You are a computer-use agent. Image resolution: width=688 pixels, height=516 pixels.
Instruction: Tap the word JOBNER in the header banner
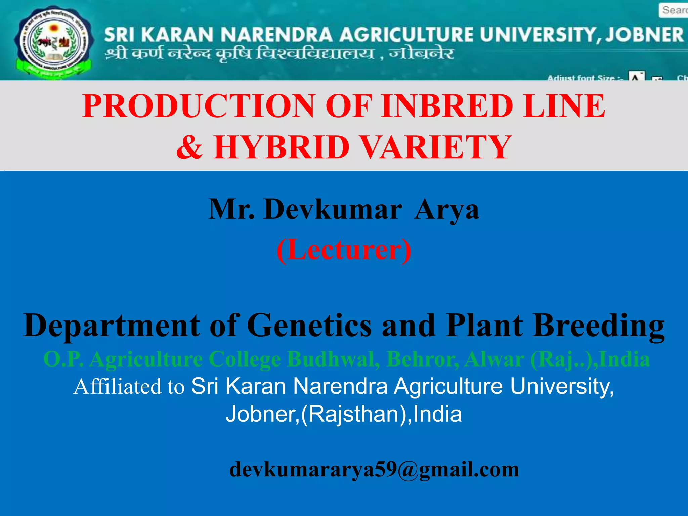point(644,35)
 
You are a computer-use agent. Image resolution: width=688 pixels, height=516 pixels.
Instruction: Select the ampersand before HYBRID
point(190,147)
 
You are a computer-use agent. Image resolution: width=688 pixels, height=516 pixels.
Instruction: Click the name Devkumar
point(333,209)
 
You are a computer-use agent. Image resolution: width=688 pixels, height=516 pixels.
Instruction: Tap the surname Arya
point(446,209)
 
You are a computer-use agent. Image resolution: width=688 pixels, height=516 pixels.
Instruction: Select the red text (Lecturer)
point(344,249)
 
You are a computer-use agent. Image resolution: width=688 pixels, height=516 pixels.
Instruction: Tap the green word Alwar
point(494,359)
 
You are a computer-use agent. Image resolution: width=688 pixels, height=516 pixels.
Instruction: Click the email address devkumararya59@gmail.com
point(374,469)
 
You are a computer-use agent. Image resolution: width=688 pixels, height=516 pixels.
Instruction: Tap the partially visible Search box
point(674,10)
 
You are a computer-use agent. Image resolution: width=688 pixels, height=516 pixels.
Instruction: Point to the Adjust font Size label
point(585,78)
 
